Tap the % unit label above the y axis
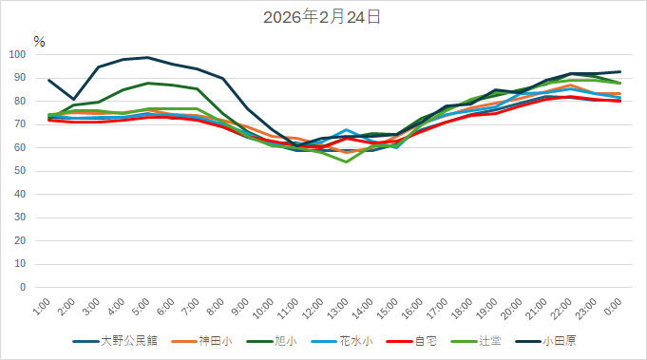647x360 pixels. (x=39, y=41)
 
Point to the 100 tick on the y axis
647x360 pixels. (x=19, y=54)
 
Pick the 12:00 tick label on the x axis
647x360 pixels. (x=313, y=309)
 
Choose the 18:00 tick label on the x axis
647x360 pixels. (x=461, y=309)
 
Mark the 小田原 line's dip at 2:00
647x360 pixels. (x=74, y=99)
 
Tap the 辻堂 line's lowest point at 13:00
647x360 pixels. (x=347, y=161)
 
